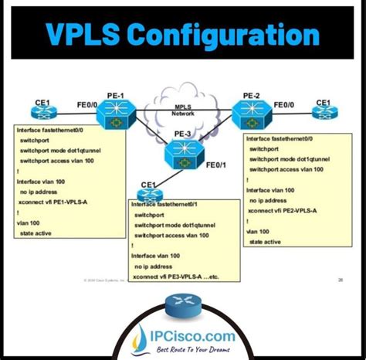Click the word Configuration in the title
click(232, 36)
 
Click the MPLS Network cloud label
click(183, 110)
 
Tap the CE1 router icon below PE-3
click(148, 193)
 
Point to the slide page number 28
click(342, 280)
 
